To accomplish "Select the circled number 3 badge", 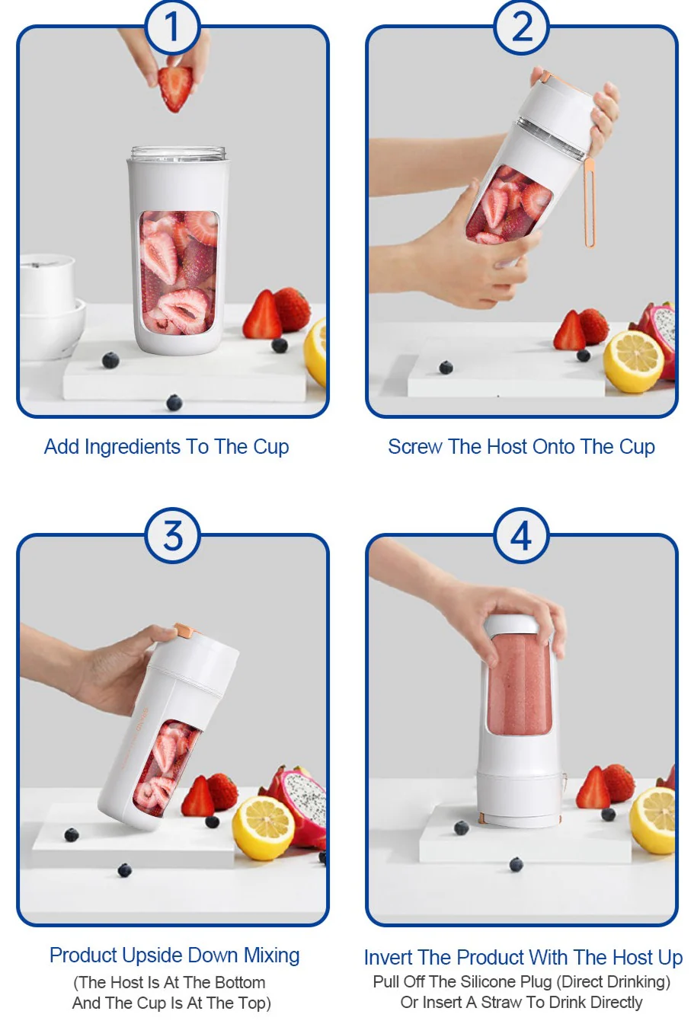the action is point(172,535).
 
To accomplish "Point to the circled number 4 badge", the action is point(521,535).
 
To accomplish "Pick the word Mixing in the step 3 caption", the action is point(271,955).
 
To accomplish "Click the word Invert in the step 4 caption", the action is point(388,957).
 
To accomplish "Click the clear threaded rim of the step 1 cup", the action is point(178,154).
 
